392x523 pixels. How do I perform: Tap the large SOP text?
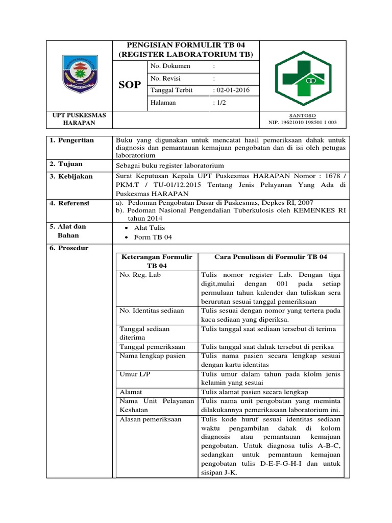click(130, 85)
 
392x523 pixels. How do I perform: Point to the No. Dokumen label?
click(170, 66)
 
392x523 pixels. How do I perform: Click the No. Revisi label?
click(165, 78)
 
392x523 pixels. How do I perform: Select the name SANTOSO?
click(303, 115)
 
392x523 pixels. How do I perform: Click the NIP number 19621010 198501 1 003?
click(303, 123)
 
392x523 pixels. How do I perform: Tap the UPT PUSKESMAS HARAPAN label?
click(79, 120)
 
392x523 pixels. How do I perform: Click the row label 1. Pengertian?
click(72, 140)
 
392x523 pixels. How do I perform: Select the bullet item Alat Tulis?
click(149, 228)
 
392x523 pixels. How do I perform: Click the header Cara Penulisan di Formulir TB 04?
click(271, 257)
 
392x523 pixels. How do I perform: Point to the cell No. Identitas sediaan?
click(152, 310)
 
